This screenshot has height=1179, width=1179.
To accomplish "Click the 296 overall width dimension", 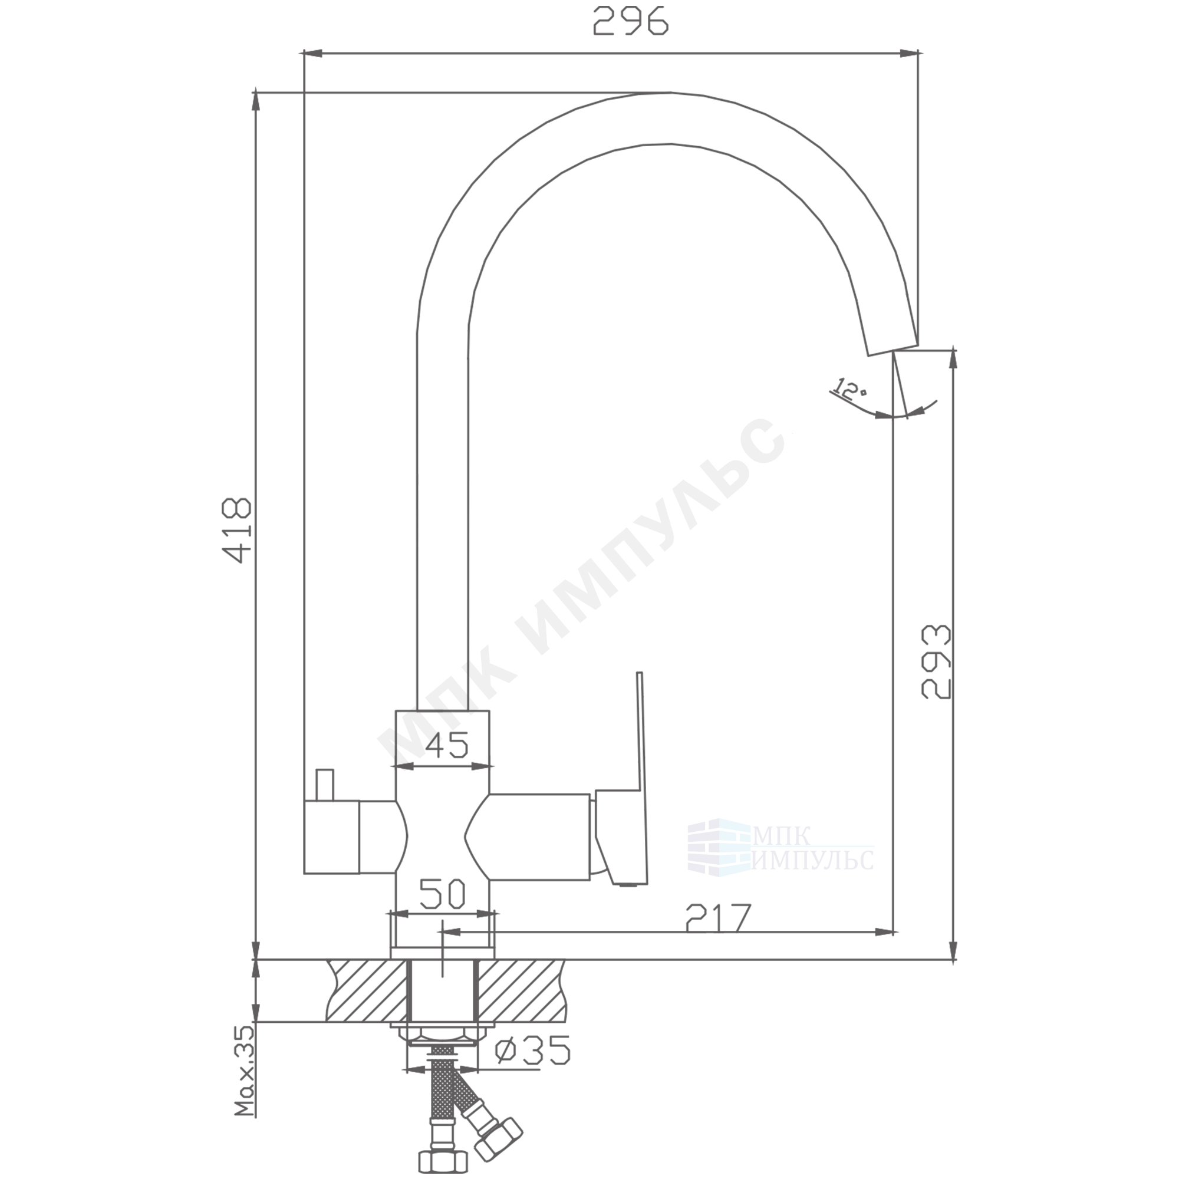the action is click(x=631, y=21).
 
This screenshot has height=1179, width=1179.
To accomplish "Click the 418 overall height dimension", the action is click(x=236, y=530).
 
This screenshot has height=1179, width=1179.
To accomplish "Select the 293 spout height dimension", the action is click(x=936, y=661).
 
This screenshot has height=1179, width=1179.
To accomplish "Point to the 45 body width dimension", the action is click(x=447, y=745).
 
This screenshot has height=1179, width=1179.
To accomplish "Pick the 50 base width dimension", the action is click(x=443, y=894).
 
